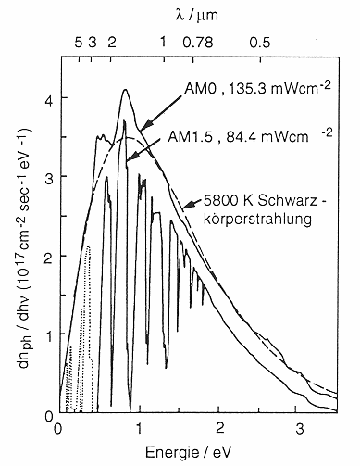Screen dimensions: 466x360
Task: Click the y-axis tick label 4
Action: pyautogui.click(x=45, y=97)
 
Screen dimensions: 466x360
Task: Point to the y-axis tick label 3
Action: pyautogui.click(x=45, y=176)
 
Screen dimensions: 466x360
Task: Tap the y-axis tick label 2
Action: pyautogui.click(x=45, y=255)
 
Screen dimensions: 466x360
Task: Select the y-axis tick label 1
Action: pyautogui.click(x=45, y=334)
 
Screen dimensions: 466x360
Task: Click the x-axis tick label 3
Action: pyautogui.click(x=299, y=428)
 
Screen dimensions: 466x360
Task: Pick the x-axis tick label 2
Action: pyautogui.click(x=219, y=428)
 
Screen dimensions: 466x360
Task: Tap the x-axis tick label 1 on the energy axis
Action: pyautogui.click(x=139, y=428)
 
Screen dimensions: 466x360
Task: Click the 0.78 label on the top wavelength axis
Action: pyautogui.click(x=198, y=42)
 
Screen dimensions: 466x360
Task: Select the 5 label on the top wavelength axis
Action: pyautogui.click(x=78, y=42)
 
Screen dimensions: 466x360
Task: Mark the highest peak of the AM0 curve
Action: pyautogui.click(x=124, y=90)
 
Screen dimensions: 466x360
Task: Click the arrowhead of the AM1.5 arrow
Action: pyautogui.click(x=128, y=160)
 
